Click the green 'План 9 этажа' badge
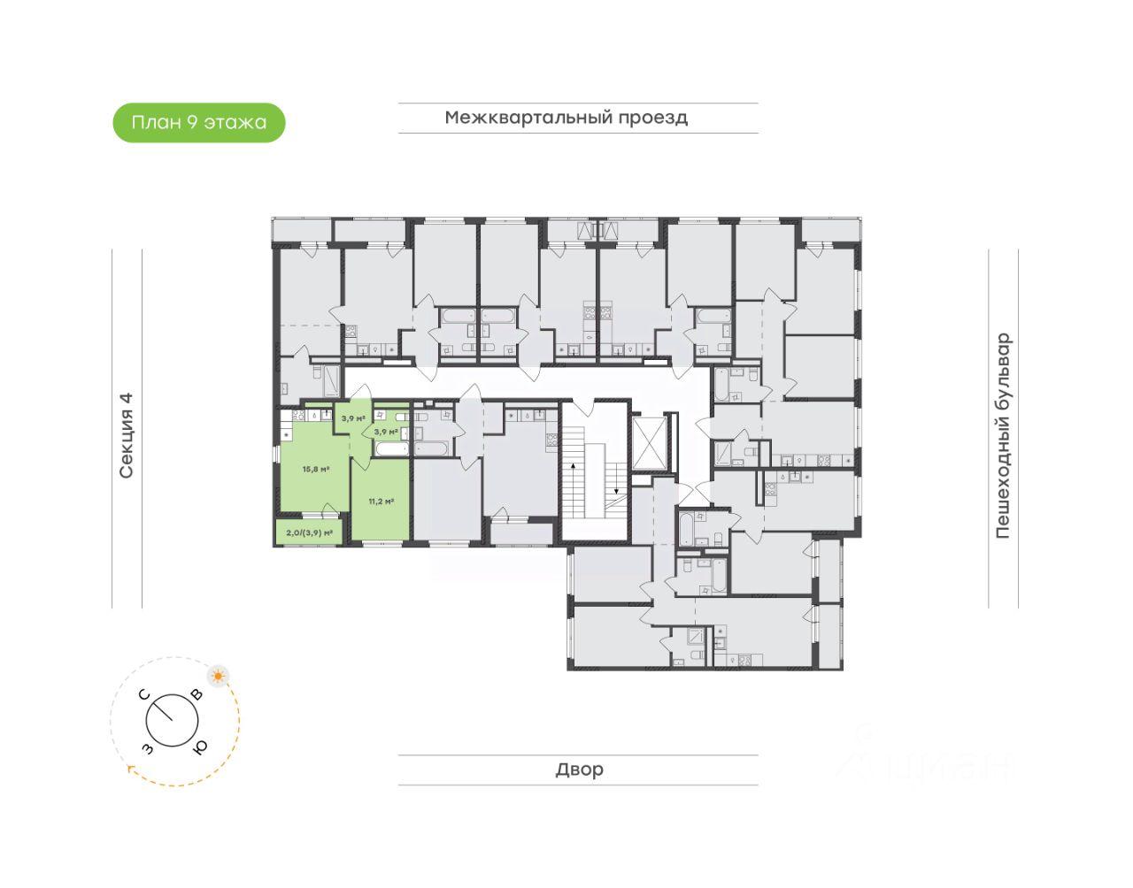click(199, 123)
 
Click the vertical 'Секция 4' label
click(127, 435)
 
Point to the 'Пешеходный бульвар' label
click(1003, 436)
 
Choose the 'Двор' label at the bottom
click(579, 769)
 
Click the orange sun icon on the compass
click(218, 677)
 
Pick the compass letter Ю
click(200, 747)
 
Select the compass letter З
click(147, 749)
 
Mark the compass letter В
click(197, 695)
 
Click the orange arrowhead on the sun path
click(132, 769)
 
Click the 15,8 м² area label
click(315, 470)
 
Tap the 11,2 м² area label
click(381, 501)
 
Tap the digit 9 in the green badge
click(191, 123)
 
